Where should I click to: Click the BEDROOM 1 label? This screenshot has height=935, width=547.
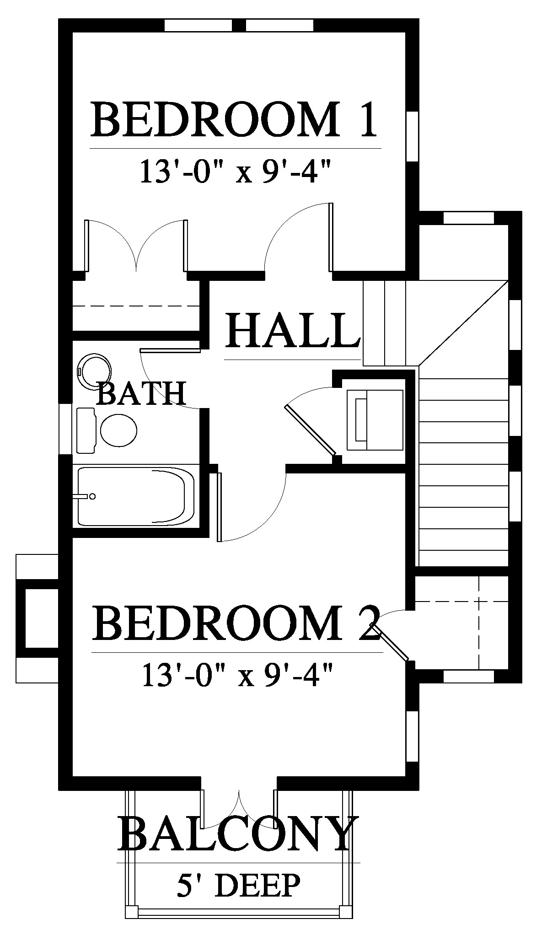(x=235, y=120)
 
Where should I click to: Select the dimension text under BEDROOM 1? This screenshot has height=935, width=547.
(x=235, y=171)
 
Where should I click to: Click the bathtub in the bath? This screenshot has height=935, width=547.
(x=136, y=495)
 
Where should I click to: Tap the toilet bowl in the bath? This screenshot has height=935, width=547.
(x=119, y=430)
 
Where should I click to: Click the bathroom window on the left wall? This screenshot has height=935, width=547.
(x=66, y=429)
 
